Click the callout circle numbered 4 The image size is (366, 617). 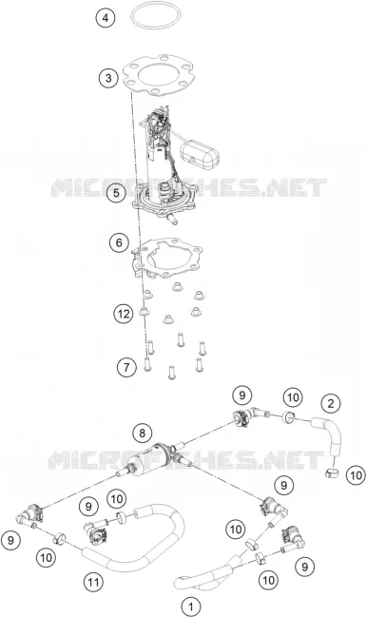pyautogui.click(x=106, y=18)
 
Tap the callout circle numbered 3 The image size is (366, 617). pyautogui.click(x=108, y=78)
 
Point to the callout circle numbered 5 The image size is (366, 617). pyautogui.click(x=117, y=193)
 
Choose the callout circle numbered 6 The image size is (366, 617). pyautogui.click(x=119, y=242)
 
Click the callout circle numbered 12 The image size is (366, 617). pyautogui.click(x=124, y=314)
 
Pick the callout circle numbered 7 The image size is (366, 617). pyautogui.click(x=126, y=368)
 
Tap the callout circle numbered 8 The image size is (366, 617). pyautogui.click(x=142, y=434)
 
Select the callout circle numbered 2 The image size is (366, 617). pyautogui.click(x=331, y=403)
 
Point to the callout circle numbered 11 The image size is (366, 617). pyautogui.click(x=93, y=582)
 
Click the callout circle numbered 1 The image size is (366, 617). pyautogui.click(x=191, y=607)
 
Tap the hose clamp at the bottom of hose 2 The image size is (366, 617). pyautogui.click(x=334, y=472)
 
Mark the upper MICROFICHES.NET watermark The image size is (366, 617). pyautogui.click(x=189, y=187)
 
